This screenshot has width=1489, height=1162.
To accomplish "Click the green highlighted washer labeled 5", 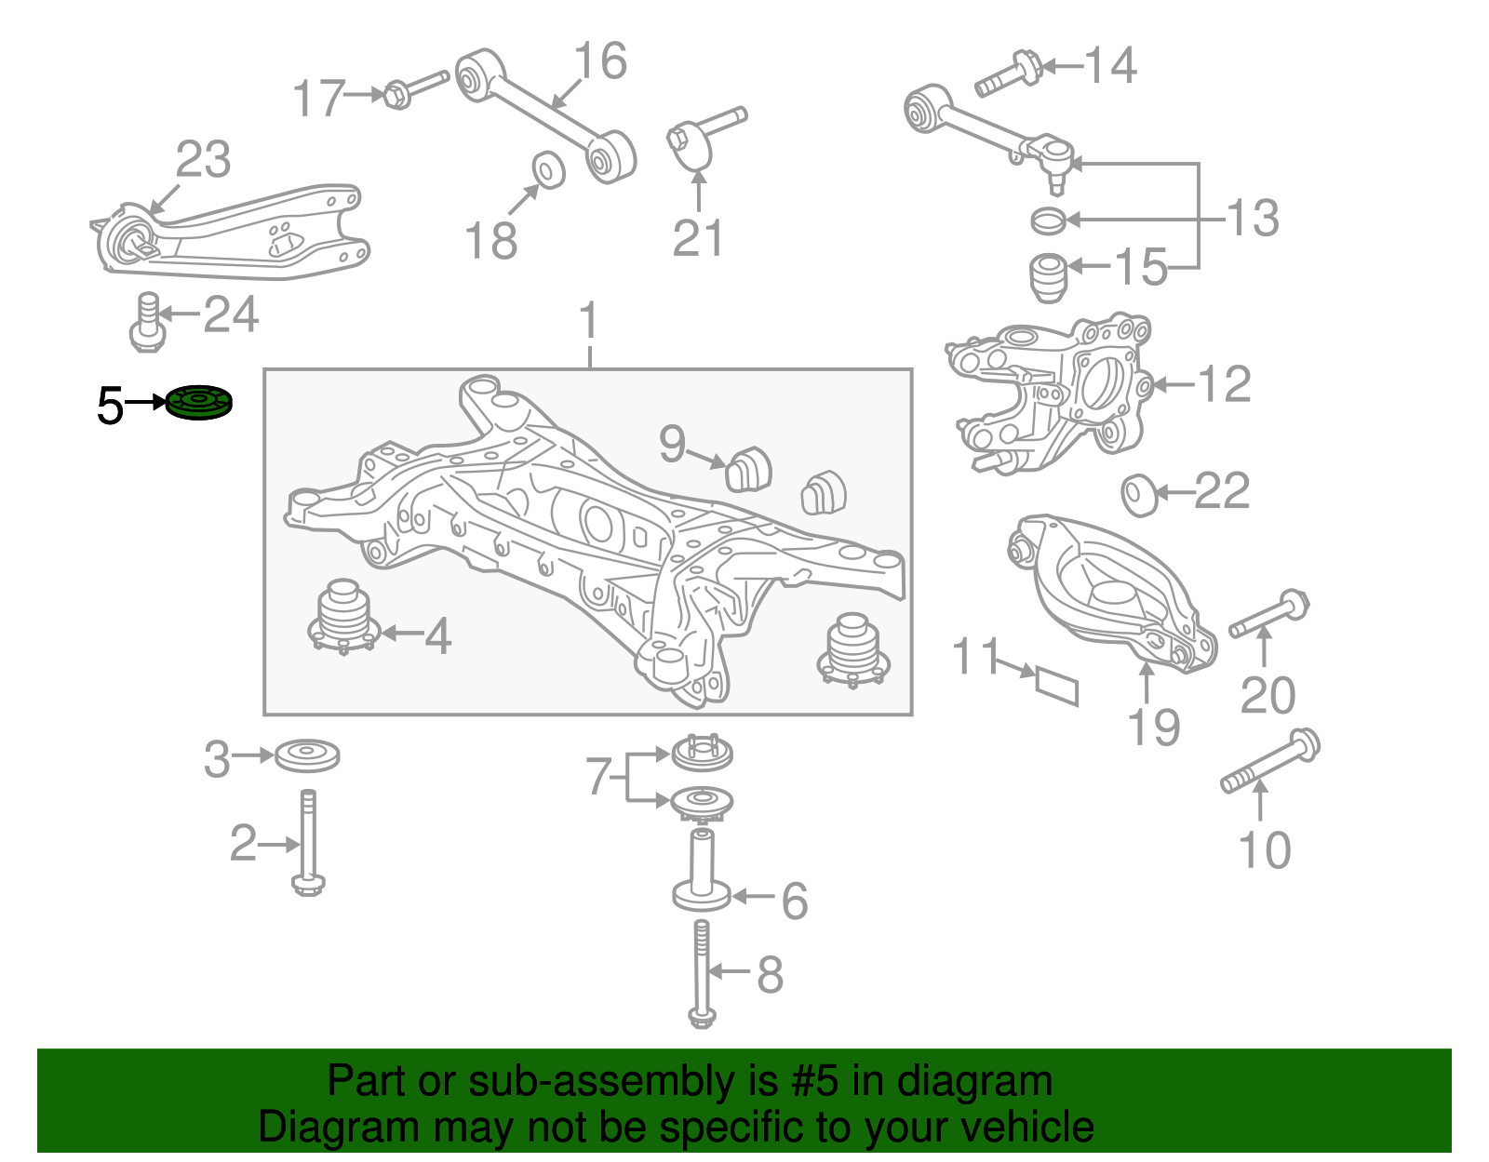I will tap(199, 403).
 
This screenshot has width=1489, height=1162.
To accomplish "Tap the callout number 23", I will tap(203, 160).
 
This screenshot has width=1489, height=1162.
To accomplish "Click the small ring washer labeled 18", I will tap(548, 169).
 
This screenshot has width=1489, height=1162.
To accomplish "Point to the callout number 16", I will tap(600, 62).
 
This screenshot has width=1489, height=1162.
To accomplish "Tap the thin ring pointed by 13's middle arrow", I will tap(1049, 220).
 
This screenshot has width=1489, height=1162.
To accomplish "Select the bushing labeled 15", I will tap(1049, 275).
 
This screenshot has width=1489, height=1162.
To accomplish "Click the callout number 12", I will tap(1225, 384).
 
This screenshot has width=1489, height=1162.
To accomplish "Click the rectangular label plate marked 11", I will tap(1057, 685).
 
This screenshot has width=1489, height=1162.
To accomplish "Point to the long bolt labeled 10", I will tap(1270, 762).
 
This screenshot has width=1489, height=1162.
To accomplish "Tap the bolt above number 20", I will tap(1269, 613).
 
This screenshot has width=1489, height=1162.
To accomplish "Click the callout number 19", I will tap(1154, 728).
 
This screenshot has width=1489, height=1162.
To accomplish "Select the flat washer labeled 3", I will tap(307, 755).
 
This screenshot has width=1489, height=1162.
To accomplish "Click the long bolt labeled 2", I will tap(308, 841).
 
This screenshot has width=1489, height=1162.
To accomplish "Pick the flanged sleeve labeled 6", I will tap(702, 870).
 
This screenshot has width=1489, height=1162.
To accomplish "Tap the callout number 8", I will tap(770, 975).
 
